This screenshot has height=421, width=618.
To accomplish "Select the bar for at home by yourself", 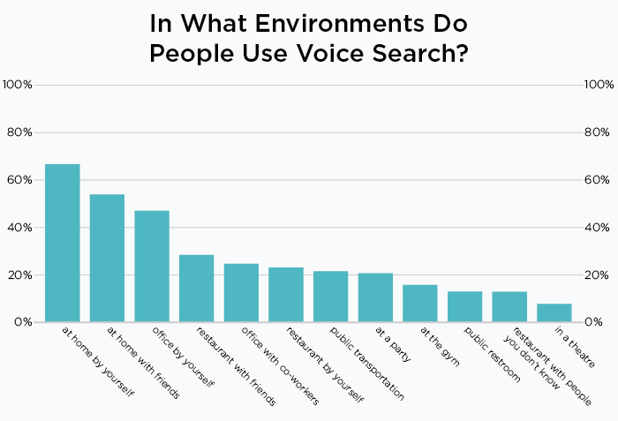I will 63,243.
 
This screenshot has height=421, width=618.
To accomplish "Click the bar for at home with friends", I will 107,258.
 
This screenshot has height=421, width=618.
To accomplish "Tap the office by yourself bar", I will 152,266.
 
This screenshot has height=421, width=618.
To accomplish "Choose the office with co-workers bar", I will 241,292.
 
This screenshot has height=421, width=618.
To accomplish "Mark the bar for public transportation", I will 330,297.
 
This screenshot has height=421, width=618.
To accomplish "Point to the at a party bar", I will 375,297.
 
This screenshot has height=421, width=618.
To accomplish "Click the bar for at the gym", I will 419,303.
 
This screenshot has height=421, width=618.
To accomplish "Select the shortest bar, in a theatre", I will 554,312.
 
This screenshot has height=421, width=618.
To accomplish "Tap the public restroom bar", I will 464,306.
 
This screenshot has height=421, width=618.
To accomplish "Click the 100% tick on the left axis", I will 18,85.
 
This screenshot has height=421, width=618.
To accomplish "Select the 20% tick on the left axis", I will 19,275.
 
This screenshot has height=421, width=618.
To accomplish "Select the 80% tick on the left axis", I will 19,132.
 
